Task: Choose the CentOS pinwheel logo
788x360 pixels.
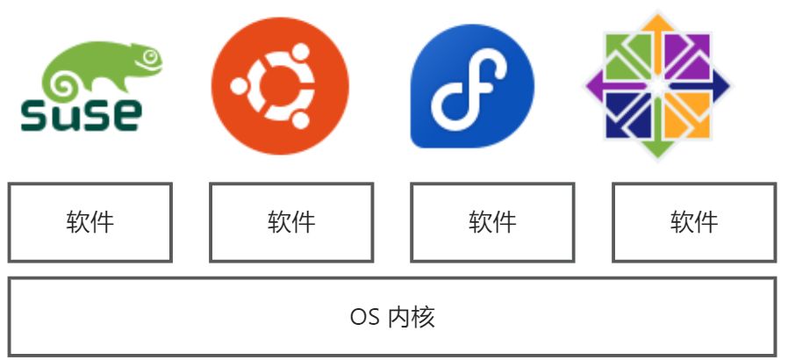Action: [x=657, y=86]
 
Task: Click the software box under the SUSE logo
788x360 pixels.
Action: [x=90, y=222]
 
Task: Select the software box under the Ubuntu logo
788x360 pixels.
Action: [x=291, y=222]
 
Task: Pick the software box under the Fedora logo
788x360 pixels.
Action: [x=492, y=222]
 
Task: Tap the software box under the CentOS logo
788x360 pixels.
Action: [x=694, y=222]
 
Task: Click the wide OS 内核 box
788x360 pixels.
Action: [x=392, y=317]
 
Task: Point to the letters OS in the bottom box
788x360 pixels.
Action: [x=364, y=317]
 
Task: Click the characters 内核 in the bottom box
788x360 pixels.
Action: [x=412, y=317]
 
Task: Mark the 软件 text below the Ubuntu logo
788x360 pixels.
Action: [x=291, y=222]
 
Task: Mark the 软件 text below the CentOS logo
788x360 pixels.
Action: [x=694, y=222]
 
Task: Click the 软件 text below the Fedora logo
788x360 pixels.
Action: [x=492, y=222]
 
